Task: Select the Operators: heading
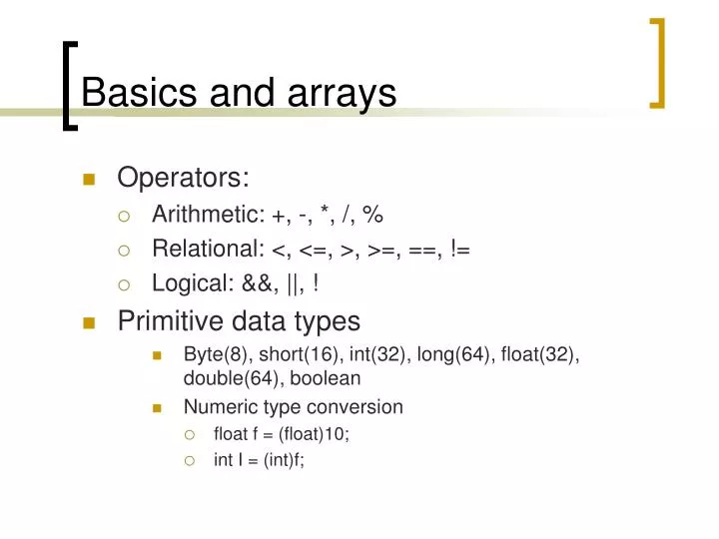[183, 178]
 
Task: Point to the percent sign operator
[373, 216]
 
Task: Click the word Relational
[205, 250]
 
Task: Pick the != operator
[459, 250]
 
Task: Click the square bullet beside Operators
[89, 180]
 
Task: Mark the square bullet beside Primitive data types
[89, 322]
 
